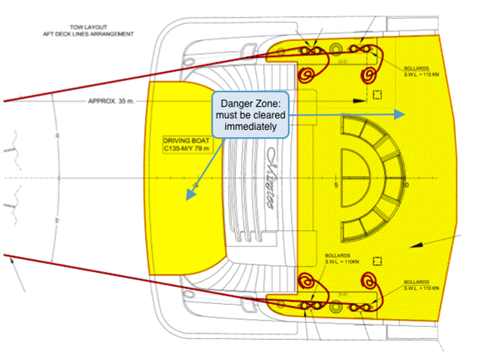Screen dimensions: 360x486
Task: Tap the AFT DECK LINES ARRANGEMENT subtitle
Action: (x=88, y=34)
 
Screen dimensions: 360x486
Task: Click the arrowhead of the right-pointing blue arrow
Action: (x=401, y=114)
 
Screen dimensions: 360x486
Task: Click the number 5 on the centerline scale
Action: (x=336, y=186)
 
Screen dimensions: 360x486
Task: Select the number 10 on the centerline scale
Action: (x=405, y=186)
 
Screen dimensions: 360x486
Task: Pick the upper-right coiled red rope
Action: (x=369, y=75)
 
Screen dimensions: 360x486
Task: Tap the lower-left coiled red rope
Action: (x=306, y=282)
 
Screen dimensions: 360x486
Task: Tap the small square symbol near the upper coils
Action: (x=377, y=95)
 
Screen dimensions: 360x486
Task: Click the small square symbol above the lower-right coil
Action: (x=377, y=261)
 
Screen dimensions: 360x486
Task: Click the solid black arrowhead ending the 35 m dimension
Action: (x=360, y=100)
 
